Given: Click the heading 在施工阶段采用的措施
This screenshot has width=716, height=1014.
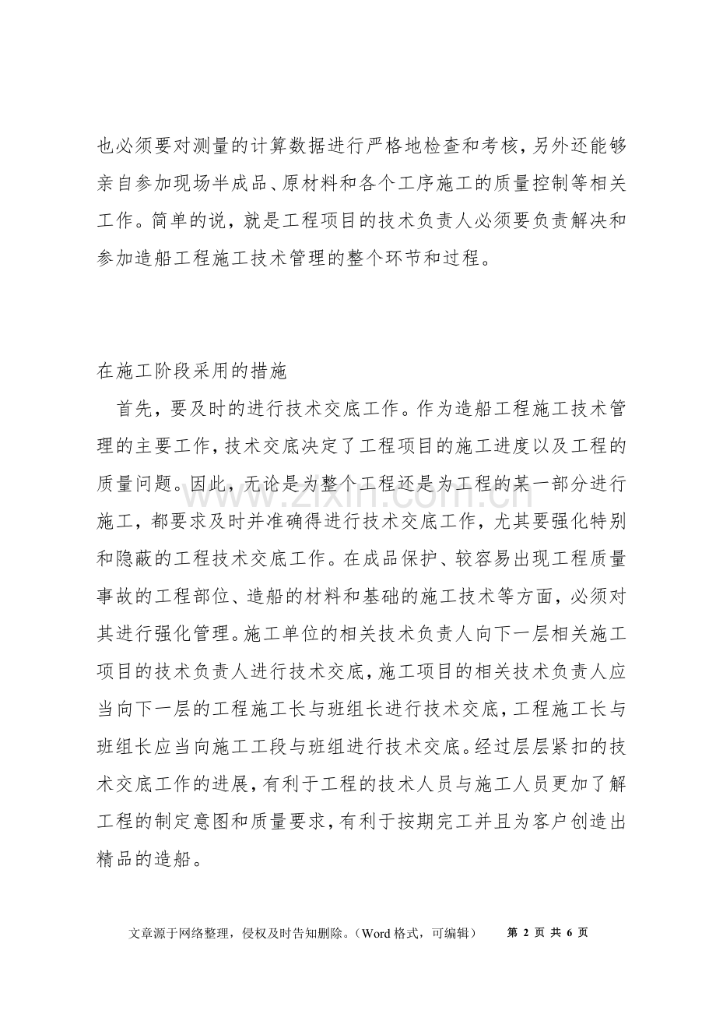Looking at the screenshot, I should tap(191, 371).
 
